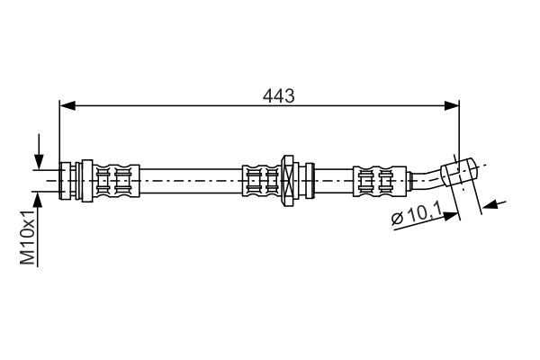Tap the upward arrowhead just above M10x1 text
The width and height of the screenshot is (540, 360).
[39, 196]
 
